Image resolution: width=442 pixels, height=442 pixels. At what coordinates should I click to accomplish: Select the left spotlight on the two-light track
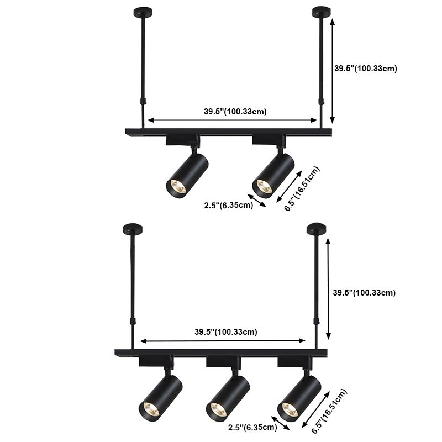(187, 173)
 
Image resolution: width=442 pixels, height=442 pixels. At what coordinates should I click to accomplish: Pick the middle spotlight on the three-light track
(225, 393)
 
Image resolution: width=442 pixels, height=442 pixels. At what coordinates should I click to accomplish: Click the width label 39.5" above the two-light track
(235, 111)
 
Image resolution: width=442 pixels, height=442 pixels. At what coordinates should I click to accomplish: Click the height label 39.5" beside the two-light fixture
(366, 69)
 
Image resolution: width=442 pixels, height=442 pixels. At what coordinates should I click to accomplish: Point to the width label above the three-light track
(225, 332)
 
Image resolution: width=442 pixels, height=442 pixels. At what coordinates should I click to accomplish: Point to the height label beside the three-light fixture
(364, 292)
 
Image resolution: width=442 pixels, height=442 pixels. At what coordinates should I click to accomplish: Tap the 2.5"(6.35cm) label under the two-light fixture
(228, 206)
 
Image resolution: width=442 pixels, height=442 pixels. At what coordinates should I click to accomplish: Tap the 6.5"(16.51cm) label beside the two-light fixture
(302, 188)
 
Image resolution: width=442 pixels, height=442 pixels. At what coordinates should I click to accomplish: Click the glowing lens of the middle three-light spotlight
(217, 409)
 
